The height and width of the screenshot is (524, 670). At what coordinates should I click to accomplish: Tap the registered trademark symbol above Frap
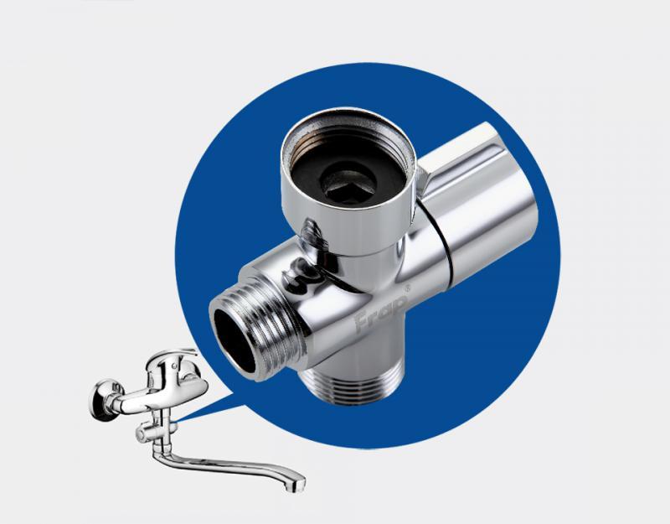tap(407, 288)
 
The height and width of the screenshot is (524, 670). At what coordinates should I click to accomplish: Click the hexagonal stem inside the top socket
tap(348, 184)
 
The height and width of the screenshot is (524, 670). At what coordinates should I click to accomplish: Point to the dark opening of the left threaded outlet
tap(235, 340)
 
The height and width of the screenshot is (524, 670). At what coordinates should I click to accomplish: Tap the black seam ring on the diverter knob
tap(435, 230)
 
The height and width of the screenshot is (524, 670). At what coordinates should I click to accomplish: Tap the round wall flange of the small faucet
tap(100, 399)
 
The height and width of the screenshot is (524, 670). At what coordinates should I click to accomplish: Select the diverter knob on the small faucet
tap(144, 433)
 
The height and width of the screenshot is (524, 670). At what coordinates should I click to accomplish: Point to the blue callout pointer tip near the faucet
tap(177, 421)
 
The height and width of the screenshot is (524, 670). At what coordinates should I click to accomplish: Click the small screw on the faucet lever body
tap(175, 366)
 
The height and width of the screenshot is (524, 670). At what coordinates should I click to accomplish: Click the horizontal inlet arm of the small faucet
tap(128, 399)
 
